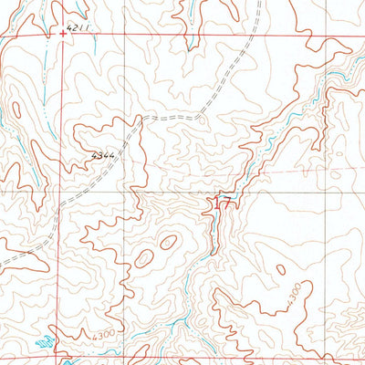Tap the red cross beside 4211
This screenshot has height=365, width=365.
(x=62, y=33)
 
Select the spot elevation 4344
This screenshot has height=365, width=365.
(x=103, y=157)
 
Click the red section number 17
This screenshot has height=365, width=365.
(x=224, y=205)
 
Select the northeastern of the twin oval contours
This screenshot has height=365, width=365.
(x=168, y=242)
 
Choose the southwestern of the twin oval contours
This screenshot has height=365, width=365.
(x=145, y=259)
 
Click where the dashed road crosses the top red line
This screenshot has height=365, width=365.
(x=255, y=36)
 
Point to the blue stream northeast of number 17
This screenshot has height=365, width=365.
(x=274, y=137)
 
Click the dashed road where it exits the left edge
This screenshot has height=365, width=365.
(x=3, y=265)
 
